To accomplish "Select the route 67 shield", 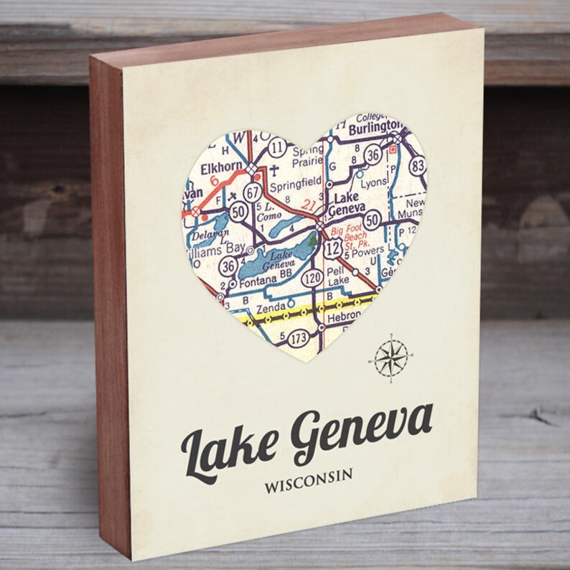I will pos(252,192).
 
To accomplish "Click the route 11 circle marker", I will pos(279,148).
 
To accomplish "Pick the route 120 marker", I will pos(312,276).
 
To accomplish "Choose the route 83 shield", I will pos(418,166).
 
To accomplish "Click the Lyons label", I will pos(374,182).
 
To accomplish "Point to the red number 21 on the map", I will pos(309,205).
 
